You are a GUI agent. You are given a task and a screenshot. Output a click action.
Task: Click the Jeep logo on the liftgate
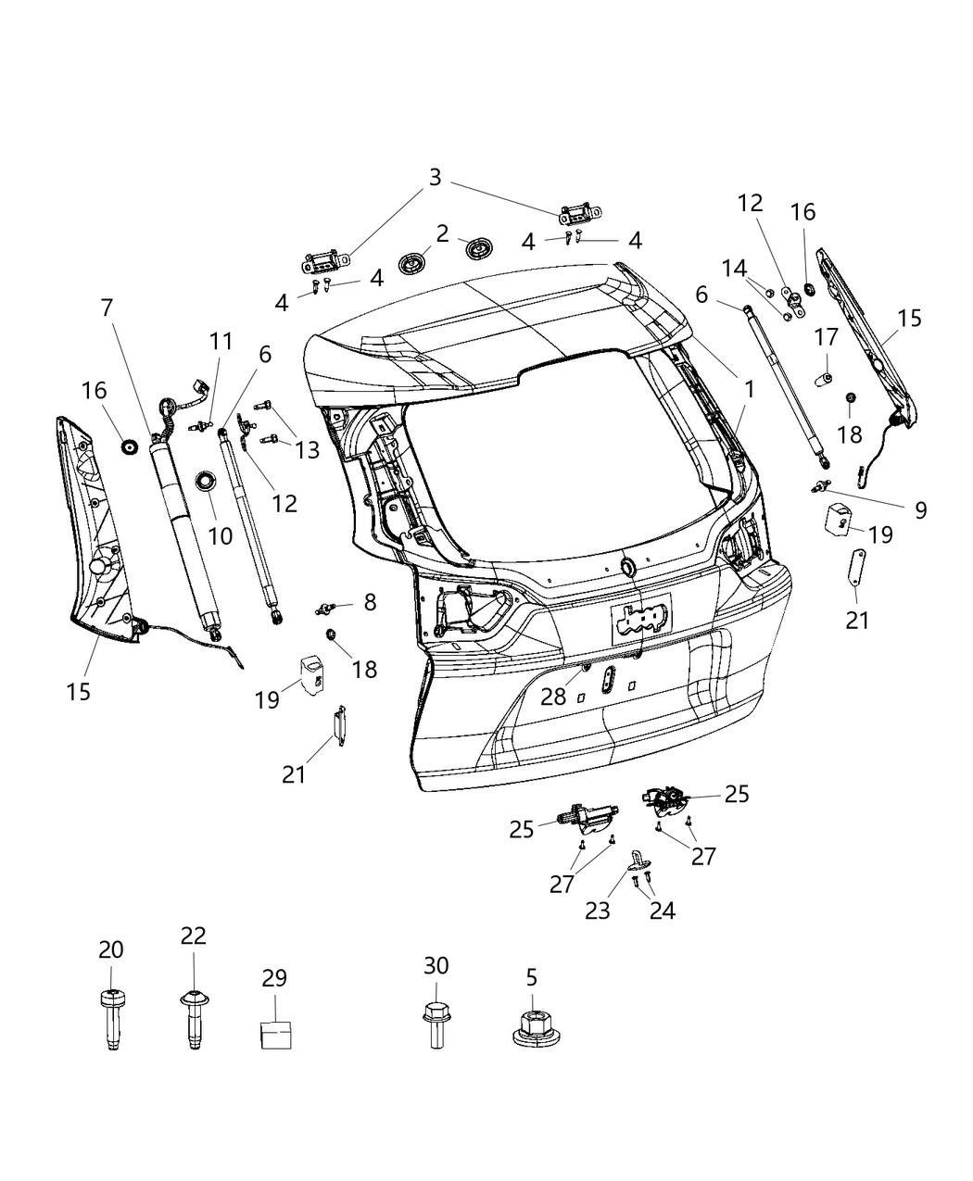point(641,618)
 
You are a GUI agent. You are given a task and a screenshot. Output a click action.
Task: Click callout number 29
point(274,978)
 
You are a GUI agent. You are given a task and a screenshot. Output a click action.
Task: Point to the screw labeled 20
point(111,1019)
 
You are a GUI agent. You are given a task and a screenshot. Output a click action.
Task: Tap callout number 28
point(553,696)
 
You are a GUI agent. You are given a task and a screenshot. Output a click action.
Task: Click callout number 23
point(598,910)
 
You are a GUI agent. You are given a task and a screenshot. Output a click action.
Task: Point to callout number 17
point(826,337)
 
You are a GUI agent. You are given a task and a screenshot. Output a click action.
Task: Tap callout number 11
point(221,341)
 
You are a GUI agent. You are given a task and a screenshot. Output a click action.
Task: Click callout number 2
point(443,232)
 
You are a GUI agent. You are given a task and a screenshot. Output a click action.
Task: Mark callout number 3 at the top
point(435,176)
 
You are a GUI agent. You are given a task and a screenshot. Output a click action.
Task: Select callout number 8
point(369,603)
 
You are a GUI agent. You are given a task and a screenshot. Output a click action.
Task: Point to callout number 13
point(307,450)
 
